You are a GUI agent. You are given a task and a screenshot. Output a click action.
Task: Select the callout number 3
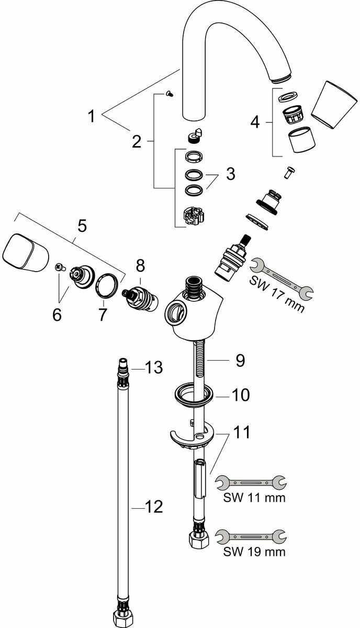click(230, 174)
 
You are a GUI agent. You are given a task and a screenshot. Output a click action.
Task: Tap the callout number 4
click(255, 122)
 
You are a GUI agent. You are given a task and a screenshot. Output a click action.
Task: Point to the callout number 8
click(140, 266)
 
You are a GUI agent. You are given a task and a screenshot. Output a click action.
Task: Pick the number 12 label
click(154, 507)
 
